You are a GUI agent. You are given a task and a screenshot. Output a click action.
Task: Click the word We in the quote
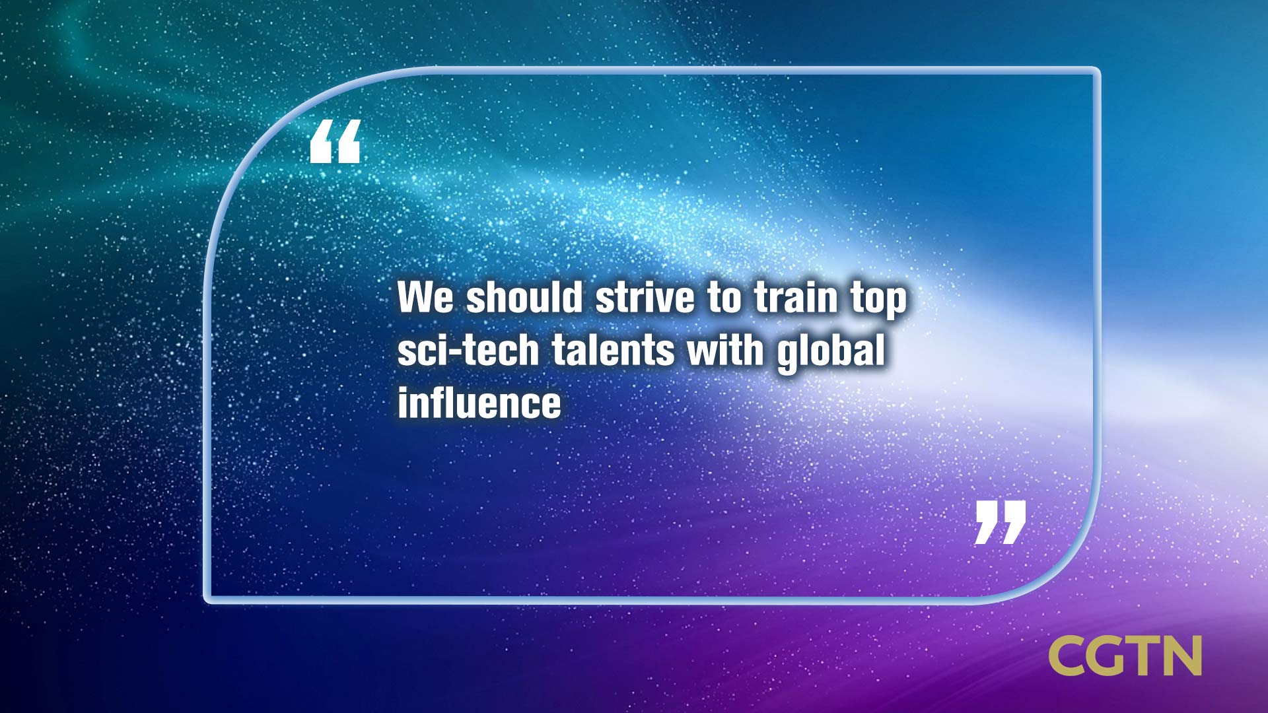tap(426, 298)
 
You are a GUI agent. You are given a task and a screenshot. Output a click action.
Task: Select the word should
tap(524, 297)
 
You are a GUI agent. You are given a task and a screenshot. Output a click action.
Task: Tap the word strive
tap(645, 297)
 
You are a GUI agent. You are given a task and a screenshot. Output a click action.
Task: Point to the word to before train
tap(725, 298)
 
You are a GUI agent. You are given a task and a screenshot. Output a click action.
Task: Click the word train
tap(796, 297)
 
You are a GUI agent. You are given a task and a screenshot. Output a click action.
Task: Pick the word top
tap(878, 301)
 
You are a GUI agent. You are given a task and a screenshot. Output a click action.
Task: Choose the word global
tap(831, 353)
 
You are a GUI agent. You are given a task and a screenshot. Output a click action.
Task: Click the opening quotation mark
tap(335, 141)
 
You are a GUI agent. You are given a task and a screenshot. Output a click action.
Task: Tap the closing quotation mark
tap(1001, 522)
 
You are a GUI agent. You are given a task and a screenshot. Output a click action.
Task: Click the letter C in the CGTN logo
tap(1070, 656)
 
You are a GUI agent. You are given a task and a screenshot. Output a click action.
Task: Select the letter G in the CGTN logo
tap(1117, 656)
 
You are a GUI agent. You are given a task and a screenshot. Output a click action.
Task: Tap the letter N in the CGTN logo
tap(1185, 656)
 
